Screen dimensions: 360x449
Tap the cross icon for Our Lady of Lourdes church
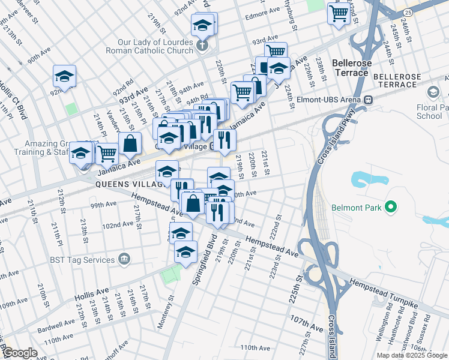(202, 44)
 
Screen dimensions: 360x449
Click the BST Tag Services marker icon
(124, 260)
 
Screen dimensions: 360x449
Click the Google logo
(19, 353)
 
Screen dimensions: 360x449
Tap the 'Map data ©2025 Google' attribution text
(412, 355)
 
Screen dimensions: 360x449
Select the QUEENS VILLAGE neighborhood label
(128, 185)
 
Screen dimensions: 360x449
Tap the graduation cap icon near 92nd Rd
(64, 76)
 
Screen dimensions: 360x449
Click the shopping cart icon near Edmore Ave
(339, 12)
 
